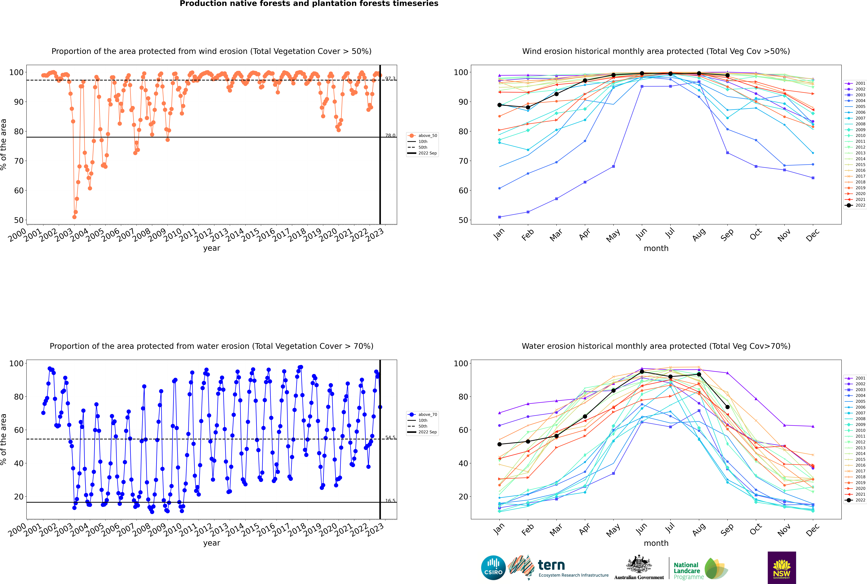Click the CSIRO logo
point(493,568)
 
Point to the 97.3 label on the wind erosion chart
point(390,79)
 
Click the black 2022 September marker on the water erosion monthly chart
point(727,407)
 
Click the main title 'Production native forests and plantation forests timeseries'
point(309,4)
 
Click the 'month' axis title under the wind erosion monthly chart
point(656,248)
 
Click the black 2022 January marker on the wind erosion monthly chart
point(499,105)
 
